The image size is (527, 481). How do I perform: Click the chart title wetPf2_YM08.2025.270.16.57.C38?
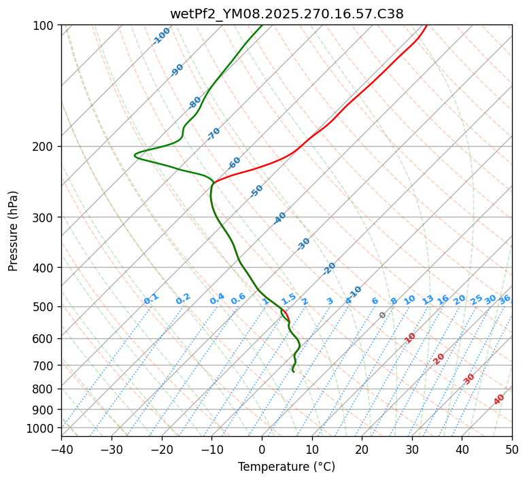click(x=286, y=14)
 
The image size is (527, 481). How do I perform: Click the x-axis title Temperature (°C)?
click(x=286, y=467)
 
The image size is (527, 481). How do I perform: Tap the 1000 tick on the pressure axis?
click(x=41, y=428)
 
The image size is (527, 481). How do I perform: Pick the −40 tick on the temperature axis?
click(x=61, y=449)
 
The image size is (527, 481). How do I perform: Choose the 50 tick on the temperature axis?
click(x=512, y=449)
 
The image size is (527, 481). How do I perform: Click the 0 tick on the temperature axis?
click(x=262, y=449)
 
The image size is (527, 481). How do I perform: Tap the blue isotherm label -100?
click(x=161, y=36)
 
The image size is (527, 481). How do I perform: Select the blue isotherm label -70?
click(x=214, y=133)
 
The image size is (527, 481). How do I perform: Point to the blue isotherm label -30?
click(x=304, y=243)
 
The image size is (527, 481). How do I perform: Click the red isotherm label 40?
click(x=499, y=399)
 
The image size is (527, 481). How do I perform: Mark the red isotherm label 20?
click(x=439, y=358)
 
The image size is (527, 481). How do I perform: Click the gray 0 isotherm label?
click(x=383, y=315)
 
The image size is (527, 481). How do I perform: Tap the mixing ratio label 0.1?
click(x=151, y=298)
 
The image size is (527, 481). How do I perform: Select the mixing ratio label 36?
click(x=505, y=299)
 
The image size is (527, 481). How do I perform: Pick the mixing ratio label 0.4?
click(x=217, y=299)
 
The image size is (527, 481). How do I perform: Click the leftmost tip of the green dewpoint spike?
click(x=135, y=156)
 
